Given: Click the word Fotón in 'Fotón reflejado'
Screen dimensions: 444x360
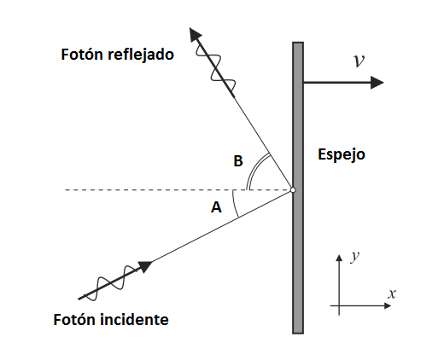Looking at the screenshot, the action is [x=82, y=54].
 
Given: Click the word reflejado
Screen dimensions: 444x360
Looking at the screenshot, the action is [x=141, y=54].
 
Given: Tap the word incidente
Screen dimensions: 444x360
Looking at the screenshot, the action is [x=134, y=319].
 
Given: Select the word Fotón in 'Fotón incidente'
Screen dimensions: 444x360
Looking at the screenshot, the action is [x=74, y=319].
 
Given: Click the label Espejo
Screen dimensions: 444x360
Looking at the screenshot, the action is [x=342, y=154].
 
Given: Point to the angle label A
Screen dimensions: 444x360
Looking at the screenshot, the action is [x=216, y=207].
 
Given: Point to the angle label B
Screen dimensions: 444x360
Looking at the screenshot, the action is [x=238, y=160].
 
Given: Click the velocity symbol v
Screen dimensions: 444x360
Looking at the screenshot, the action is [x=359, y=61].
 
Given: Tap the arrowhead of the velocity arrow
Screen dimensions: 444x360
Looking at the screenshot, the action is [x=377, y=83].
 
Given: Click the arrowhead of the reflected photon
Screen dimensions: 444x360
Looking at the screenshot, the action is [x=195, y=34].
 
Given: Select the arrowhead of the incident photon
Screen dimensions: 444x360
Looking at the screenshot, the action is [x=145, y=266].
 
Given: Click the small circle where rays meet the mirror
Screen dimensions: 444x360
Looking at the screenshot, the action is [x=293, y=190].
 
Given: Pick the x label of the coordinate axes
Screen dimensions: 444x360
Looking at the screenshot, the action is [x=392, y=293].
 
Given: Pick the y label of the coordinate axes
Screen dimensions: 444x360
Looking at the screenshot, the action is [x=355, y=257].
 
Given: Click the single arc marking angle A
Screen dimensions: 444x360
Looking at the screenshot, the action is [x=234, y=204].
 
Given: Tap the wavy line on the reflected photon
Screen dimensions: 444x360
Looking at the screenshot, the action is [x=216, y=68].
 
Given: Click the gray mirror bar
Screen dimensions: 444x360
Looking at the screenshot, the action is [x=298, y=188].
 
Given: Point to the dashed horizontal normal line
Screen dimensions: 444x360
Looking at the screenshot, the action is [x=178, y=189].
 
